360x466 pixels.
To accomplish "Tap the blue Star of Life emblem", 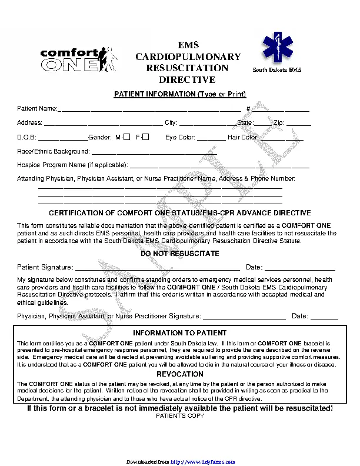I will [276, 49].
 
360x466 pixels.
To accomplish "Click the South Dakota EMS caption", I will [276, 70].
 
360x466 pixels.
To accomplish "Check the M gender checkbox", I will [126, 137].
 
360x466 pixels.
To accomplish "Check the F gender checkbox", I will [146, 137].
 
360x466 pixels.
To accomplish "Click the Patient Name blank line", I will [149, 109].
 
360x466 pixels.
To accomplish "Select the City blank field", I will [206, 124].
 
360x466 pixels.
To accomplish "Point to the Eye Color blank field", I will [211, 138].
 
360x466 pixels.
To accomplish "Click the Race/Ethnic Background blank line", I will [154, 153].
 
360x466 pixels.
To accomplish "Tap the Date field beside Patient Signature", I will [299, 268].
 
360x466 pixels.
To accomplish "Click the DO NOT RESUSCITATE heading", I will [180, 254].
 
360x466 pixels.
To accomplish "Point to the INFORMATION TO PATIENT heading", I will [180, 333].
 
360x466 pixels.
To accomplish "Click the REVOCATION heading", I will [180, 374].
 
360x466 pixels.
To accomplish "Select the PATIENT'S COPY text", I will [180, 416].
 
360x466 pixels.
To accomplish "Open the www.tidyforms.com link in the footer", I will [203, 462].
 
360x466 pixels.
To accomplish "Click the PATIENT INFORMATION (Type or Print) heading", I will [180, 95].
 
